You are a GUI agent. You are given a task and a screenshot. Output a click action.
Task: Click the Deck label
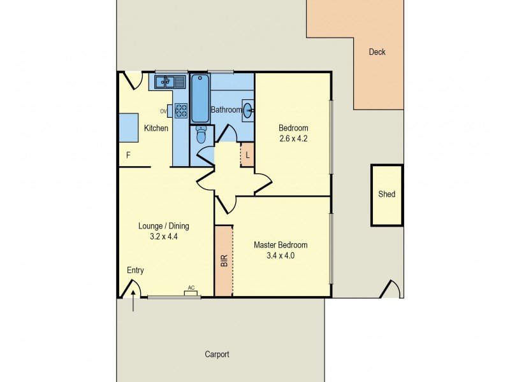tap(377, 52)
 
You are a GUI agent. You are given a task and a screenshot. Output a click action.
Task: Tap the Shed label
tap(386, 194)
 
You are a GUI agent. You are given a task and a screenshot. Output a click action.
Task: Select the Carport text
tap(217, 355)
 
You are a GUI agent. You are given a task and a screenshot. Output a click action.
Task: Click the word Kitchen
tap(156, 128)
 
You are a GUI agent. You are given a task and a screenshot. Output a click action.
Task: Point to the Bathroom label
tap(226, 110)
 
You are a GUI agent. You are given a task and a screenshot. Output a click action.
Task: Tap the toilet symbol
tap(201, 135)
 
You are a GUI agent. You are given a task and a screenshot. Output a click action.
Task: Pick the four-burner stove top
tap(181, 111)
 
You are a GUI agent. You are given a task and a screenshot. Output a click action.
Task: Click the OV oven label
tap(163, 111)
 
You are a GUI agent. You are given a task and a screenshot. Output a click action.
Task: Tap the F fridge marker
tap(128, 155)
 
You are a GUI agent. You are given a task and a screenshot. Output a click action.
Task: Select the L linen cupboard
tap(247, 155)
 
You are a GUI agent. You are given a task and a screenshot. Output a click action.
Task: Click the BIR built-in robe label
tap(224, 261)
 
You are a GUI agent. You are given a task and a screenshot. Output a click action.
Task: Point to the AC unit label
tap(191, 288)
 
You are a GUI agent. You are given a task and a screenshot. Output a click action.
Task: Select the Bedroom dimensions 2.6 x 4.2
tap(293, 138)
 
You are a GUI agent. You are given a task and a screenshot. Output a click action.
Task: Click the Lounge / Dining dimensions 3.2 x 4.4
tap(164, 237)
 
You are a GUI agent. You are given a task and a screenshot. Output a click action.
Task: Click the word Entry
tap(135, 271)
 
